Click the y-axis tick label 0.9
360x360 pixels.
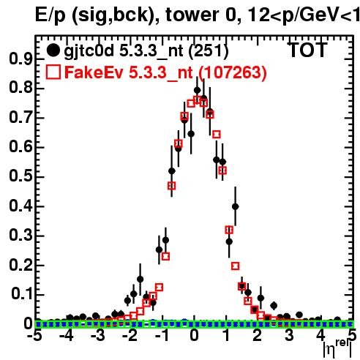(21, 59)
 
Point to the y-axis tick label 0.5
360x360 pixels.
(21, 176)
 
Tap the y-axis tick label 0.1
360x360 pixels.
(23, 294)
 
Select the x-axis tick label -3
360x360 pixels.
(98, 335)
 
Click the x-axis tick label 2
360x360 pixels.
(258, 335)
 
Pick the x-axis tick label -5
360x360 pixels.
(35, 335)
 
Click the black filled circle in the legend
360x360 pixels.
(53, 50)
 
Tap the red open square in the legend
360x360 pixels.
(53, 72)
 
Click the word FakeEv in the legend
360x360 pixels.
(94, 72)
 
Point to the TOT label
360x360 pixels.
(307, 50)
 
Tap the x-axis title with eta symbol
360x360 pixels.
(338, 350)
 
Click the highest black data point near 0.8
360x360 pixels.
(198, 91)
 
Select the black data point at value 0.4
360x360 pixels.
(236, 206)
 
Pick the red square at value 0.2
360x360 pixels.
(236, 266)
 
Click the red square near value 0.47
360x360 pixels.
(172, 186)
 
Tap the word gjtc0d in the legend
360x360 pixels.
(89, 52)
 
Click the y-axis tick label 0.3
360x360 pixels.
(21, 235)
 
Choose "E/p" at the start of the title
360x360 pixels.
(50, 16)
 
